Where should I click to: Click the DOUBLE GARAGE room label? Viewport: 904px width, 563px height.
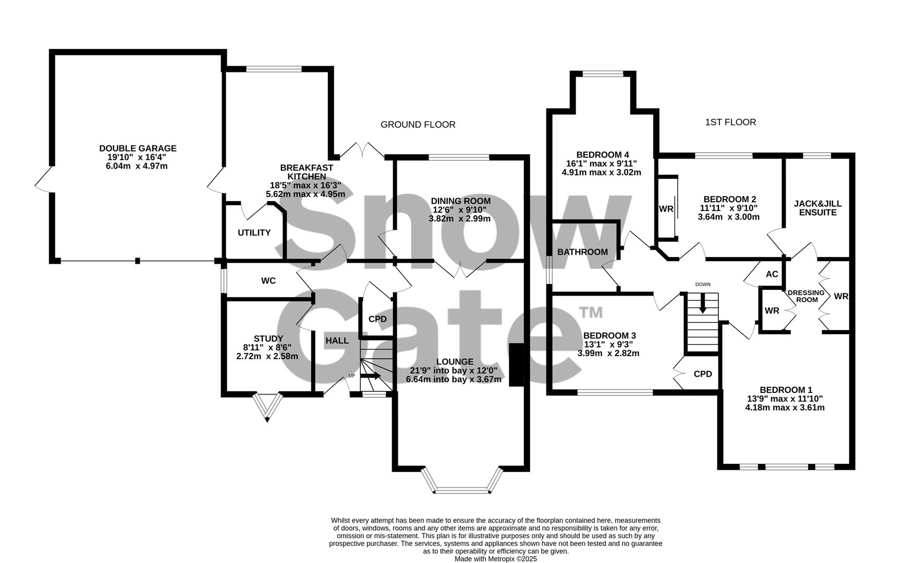click(x=138, y=149)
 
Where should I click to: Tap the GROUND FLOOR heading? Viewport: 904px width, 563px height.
click(x=418, y=125)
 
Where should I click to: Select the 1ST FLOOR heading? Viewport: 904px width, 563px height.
click(x=730, y=122)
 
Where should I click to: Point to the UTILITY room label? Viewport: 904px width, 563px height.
click(x=254, y=232)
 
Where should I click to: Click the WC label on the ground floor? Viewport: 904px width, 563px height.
click(x=268, y=281)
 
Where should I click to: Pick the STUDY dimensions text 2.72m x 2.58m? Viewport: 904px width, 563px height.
click(x=267, y=357)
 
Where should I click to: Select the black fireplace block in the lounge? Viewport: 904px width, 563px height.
click(x=516, y=365)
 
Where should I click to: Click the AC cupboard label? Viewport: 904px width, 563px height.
click(x=772, y=274)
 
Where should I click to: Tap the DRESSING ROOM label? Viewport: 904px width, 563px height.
click(x=806, y=296)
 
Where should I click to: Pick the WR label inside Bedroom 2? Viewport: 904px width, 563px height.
click(x=666, y=209)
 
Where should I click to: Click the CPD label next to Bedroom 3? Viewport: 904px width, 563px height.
click(x=702, y=374)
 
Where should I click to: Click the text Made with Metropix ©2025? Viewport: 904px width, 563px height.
click(x=495, y=558)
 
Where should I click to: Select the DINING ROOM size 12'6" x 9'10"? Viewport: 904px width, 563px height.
click(x=459, y=210)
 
